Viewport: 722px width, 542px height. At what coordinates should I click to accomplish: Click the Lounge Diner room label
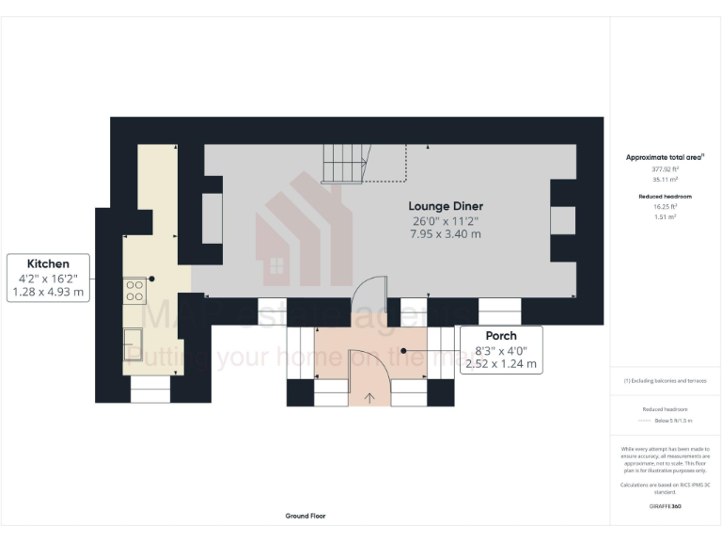pos(445,205)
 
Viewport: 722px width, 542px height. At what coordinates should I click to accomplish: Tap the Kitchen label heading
pos(47,263)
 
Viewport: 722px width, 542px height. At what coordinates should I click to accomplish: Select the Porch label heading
pos(500,336)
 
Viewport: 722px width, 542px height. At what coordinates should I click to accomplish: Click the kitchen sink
pos(133,343)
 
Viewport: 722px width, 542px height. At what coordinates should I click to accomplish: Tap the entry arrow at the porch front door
pos(369,397)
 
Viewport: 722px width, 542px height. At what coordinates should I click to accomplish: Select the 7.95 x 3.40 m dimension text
pos(445,233)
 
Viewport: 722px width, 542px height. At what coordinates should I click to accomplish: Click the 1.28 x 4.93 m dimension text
pos(47,293)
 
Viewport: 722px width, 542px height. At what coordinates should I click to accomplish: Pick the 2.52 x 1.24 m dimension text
pos(500,363)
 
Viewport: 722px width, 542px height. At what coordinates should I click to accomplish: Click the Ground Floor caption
pos(306,516)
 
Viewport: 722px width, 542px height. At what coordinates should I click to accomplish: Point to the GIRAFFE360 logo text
pos(665,506)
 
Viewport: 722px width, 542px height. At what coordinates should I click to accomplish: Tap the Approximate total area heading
pos(665,157)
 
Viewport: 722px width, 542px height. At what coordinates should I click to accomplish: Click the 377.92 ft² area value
pos(665,168)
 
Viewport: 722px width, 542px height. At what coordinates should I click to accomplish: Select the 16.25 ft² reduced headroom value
pos(665,206)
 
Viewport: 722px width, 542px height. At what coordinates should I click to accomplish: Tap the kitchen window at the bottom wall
pos(150,390)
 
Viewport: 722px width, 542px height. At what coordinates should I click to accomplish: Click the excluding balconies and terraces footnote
pos(665,380)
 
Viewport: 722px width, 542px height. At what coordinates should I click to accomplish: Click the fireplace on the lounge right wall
pos(563,219)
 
